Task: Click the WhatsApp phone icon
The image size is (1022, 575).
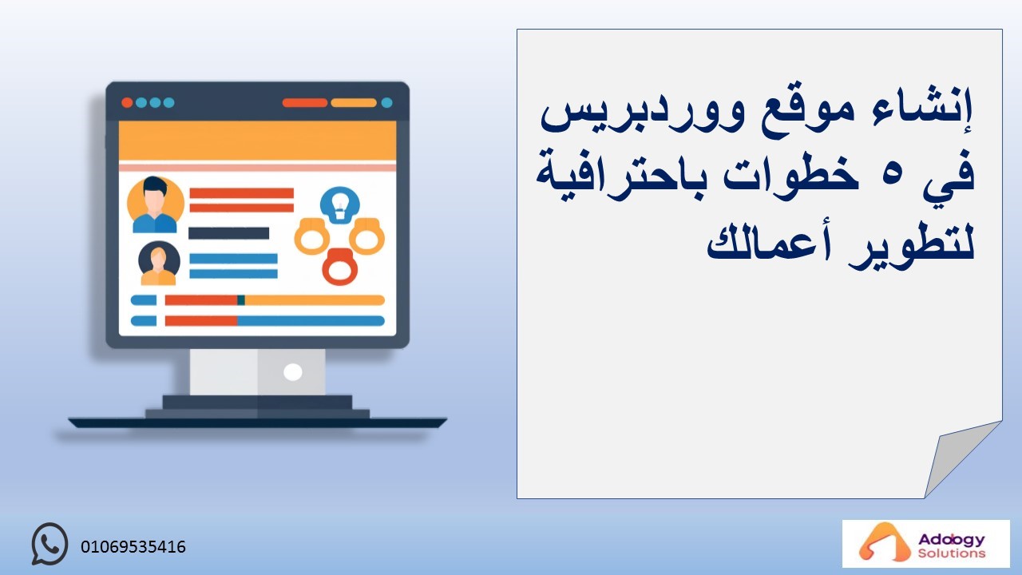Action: pos(50,544)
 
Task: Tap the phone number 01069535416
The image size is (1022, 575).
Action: pos(133,547)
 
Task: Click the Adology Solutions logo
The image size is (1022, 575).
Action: pos(925,544)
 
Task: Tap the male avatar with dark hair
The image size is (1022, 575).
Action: pos(155,204)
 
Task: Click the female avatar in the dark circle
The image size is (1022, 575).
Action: pos(159,263)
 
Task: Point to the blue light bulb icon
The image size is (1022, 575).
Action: pos(340,205)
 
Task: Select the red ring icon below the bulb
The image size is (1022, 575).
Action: pos(340,267)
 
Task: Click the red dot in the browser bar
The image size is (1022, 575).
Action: pos(127,103)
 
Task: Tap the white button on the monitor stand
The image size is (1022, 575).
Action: pos(292,372)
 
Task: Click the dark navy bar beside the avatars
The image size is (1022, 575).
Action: pos(228,233)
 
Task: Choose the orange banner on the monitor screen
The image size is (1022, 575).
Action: pos(257,141)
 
